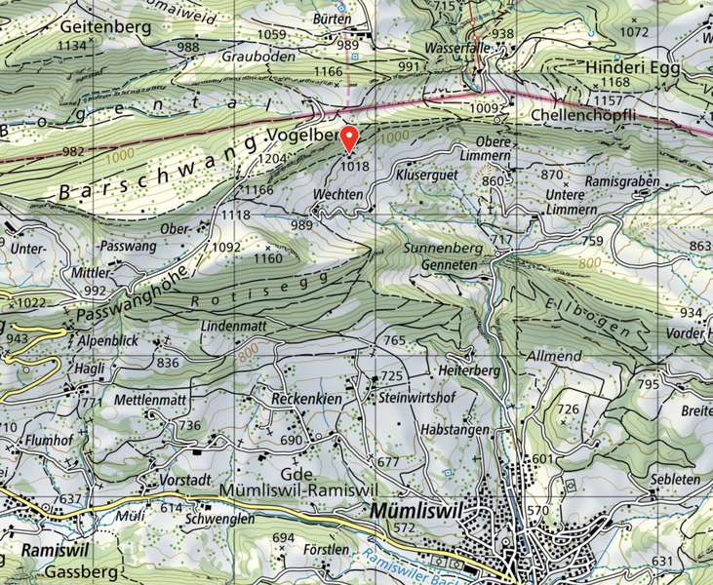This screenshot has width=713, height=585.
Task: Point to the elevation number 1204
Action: coord(275,158)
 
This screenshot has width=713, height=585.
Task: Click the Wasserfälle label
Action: coord(456,47)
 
